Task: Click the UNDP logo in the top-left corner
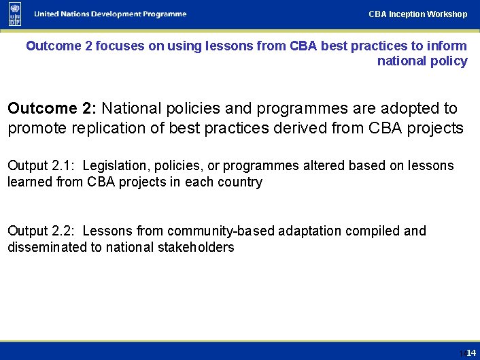click(x=15, y=14)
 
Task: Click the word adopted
click(x=413, y=108)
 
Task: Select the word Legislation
click(x=115, y=166)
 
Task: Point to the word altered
click(x=323, y=166)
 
